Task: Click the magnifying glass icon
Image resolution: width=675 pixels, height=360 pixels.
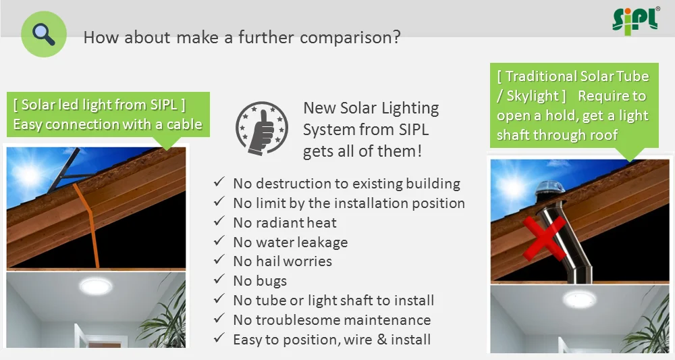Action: [x=44, y=34]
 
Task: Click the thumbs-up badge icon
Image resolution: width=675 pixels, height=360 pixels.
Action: [x=262, y=128]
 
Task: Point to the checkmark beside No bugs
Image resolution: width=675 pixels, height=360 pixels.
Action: [x=219, y=279]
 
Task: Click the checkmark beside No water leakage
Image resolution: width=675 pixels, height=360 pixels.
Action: [x=219, y=240]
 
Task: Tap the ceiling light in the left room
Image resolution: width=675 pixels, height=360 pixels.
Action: [x=96, y=286]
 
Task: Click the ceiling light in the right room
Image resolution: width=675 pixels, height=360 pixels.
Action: [x=580, y=299]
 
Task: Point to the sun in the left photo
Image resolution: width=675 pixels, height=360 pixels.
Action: [x=29, y=174]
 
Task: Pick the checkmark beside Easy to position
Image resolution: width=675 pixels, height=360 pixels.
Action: [x=219, y=338]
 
